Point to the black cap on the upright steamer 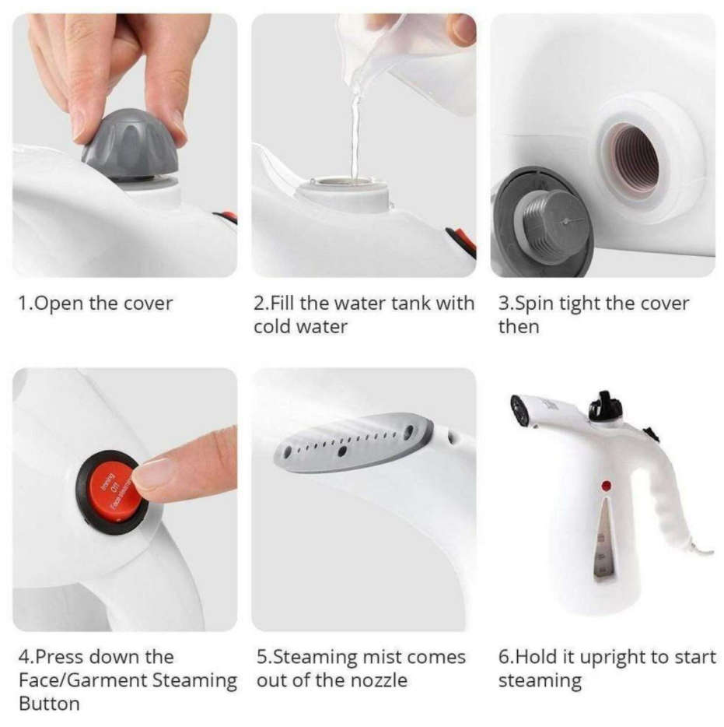coord(606,407)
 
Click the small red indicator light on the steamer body coord(607,486)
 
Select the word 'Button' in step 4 coord(49,704)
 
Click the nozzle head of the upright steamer coord(519,410)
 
